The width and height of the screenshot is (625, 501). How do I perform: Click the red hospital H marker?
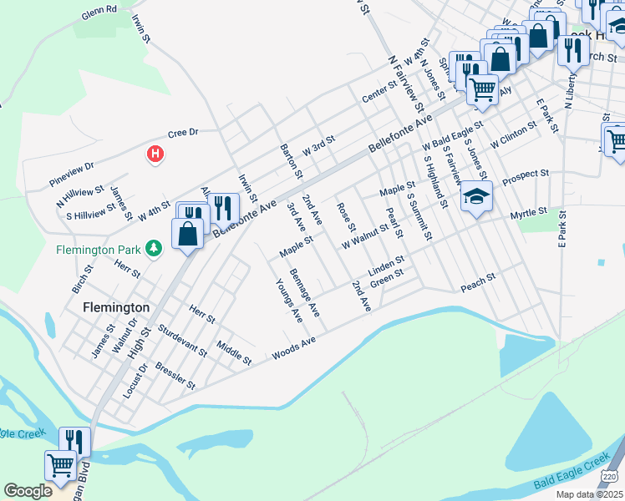(155, 154)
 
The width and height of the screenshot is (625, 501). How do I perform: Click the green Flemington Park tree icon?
(153, 248)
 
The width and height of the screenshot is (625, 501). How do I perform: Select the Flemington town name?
(116, 307)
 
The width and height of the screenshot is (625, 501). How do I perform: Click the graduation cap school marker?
(476, 197)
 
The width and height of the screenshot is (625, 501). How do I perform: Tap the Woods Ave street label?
(293, 349)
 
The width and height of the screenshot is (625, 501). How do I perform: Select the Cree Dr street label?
(182, 133)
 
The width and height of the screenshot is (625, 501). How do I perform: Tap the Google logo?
(28, 491)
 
